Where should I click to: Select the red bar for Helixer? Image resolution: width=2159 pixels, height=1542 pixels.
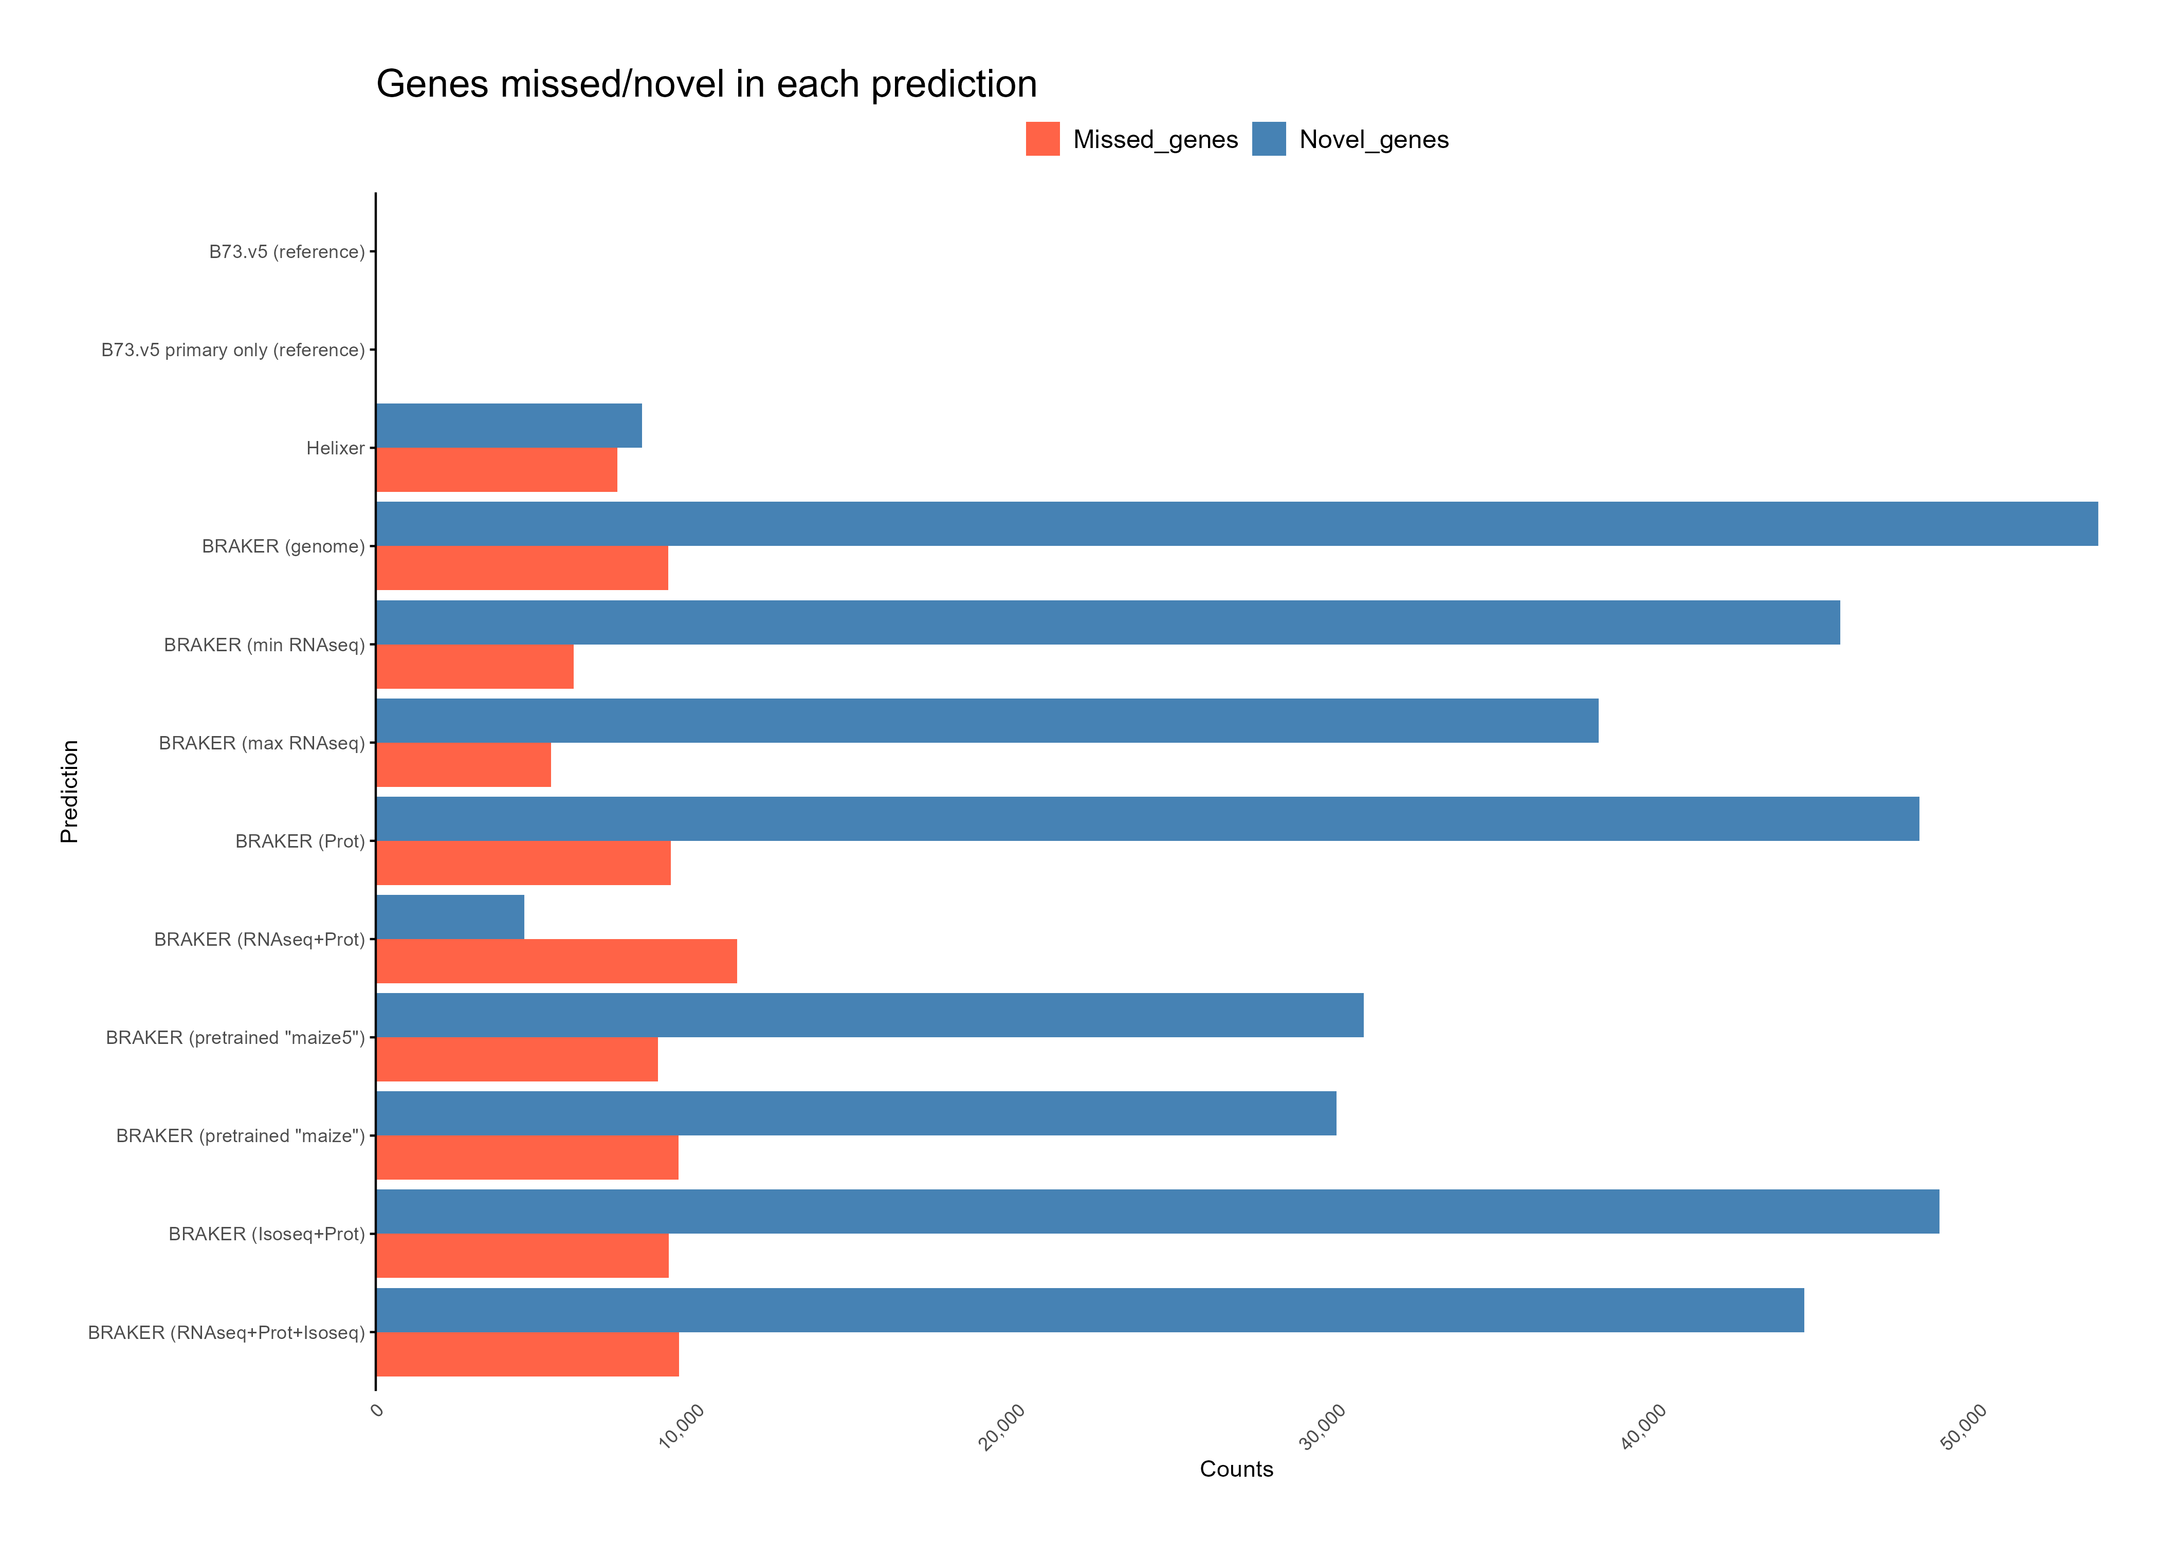click(x=497, y=470)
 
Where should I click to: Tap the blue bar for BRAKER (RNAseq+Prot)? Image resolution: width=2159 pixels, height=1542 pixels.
click(x=450, y=916)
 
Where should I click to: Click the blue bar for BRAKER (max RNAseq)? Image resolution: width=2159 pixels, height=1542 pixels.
click(x=987, y=721)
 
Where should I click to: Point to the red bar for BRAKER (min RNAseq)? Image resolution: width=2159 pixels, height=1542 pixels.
click(x=474, y=667)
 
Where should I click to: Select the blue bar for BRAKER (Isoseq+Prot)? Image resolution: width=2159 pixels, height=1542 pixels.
click(x=1157, y=1211)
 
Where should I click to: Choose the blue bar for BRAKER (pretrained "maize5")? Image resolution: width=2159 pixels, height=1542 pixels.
click(x=870, y=1015)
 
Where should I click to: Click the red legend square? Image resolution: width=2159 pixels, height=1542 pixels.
click(x=1042, y=139)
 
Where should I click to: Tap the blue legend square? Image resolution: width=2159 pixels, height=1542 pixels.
click(x=1269, y=139)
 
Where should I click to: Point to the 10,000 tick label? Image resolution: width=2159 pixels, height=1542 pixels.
click(x=682, y=1426)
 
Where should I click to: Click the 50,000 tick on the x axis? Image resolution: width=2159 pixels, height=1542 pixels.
click(x=1964, y=1426)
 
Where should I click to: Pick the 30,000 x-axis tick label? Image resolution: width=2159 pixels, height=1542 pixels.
click(x=1323, y=1426)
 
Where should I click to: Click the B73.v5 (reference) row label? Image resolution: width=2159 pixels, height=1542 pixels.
click(x=287, y=252)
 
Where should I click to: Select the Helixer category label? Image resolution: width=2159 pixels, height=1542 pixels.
click(x=335, y=448)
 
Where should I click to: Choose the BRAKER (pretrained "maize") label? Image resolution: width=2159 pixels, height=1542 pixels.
click(x=240, y=1135)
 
